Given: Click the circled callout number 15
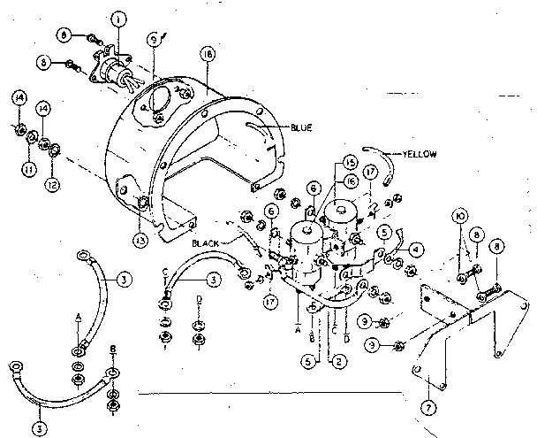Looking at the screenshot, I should tap(351, 164).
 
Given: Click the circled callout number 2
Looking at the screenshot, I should tap(334, 361).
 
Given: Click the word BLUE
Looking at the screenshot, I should tap(302, 127).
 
